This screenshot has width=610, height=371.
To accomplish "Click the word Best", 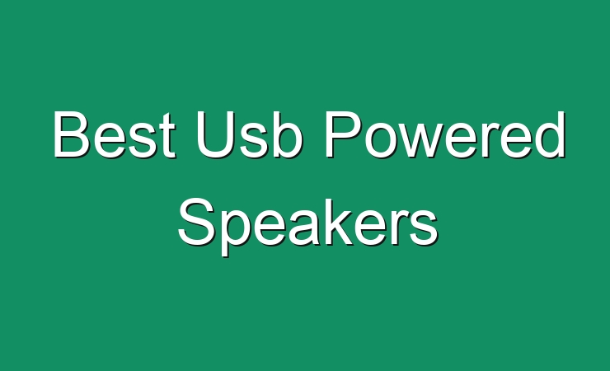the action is (115, 134).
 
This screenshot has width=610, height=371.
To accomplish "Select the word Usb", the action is (250, 134).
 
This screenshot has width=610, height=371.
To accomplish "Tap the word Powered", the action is (445, 134).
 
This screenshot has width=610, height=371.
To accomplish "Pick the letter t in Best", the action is (167, 135).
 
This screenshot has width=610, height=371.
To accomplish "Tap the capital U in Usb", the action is (216, 135).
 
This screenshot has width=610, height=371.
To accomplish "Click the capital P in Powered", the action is (342, 134).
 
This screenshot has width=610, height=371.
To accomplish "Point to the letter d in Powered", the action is (551, 135).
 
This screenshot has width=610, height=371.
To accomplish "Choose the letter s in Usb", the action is (256, 140).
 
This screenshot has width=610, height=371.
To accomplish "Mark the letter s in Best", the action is (143, 140).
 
